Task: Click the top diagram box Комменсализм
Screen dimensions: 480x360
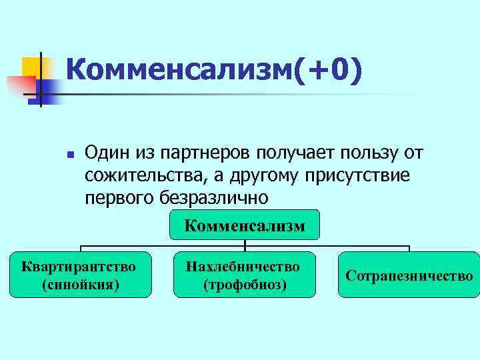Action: pyautogui.click(x=245, y=225)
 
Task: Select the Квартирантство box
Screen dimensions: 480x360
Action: pyautogui.click(x=80, y=275)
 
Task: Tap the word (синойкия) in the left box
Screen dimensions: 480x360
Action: pyautogui.click(x=80, y=285)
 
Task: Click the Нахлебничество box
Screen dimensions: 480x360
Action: pyautogui.click(x=243, y=275)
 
